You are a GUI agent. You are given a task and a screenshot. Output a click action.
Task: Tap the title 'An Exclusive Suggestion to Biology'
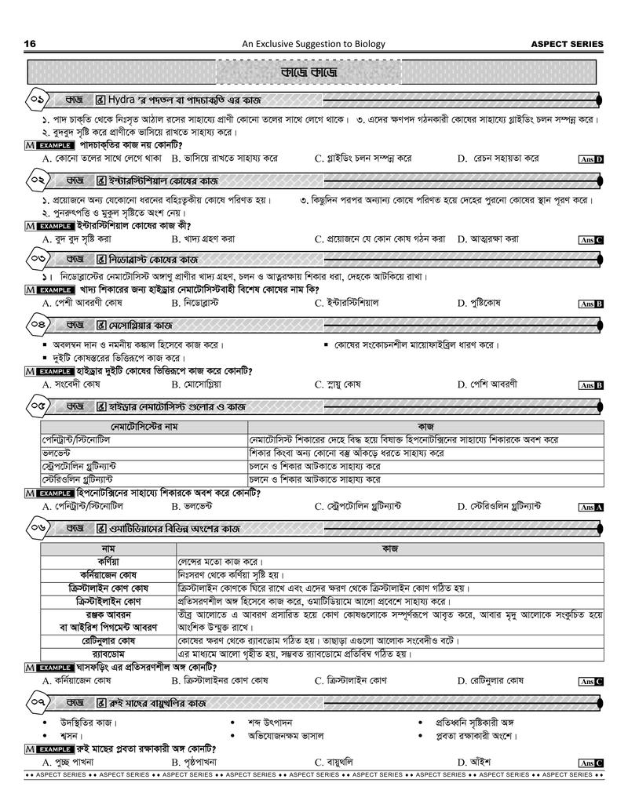tap(313, 44)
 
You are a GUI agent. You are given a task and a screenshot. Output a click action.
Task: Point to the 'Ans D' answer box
tap(590, 159)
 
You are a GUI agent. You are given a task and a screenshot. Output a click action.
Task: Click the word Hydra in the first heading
tap(121, 100)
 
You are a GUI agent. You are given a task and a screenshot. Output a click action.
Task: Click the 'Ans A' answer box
tap(590, 508)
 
